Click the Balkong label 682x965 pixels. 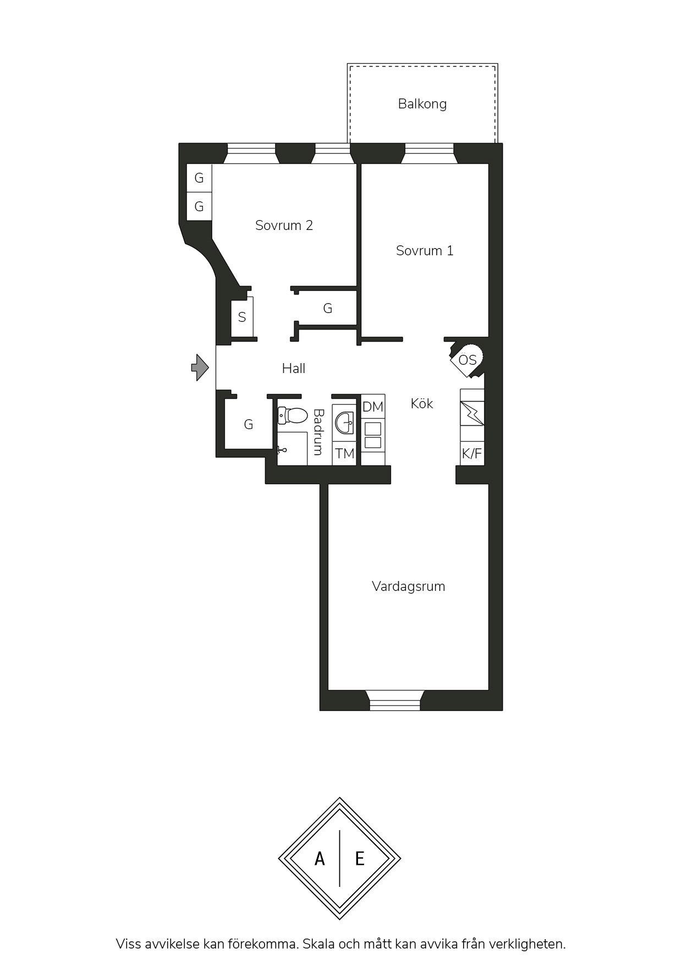click(422, 104)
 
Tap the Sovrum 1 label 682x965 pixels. click(425, 251)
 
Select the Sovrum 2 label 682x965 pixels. click(284, 226)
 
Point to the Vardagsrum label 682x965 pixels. click(408, 586)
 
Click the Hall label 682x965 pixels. click(294, 369)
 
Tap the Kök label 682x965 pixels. click(422, 404)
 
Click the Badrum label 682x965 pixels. click(318, 432)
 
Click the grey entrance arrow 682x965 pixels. click(200, 368)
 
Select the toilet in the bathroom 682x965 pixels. click(291, 416)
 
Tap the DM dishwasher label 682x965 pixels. click(373, 407)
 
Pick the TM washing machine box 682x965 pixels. click(345, 454)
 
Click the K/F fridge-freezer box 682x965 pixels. click(472, 454)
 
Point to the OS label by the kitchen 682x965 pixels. click(468, 360)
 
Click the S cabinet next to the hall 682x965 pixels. click(242, 317)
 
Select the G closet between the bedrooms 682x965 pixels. click(328, 309)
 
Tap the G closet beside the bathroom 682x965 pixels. click(249, 425)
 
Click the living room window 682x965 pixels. click(395, 700)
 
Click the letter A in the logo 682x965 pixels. click(320, 859)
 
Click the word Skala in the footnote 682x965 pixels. click(319, 944)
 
